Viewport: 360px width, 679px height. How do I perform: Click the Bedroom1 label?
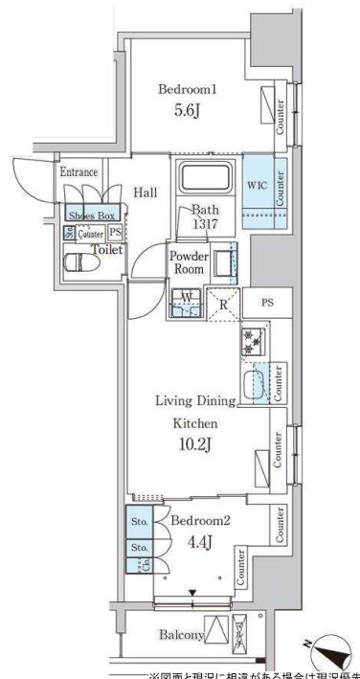(188, 89)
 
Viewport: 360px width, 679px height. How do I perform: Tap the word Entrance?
(79, 172)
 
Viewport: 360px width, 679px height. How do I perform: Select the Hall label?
(146, 192)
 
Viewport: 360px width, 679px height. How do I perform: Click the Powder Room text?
(189, 262)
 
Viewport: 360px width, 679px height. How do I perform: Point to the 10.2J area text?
(195, 443)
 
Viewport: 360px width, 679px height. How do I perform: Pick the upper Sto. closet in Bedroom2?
(140, 525)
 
